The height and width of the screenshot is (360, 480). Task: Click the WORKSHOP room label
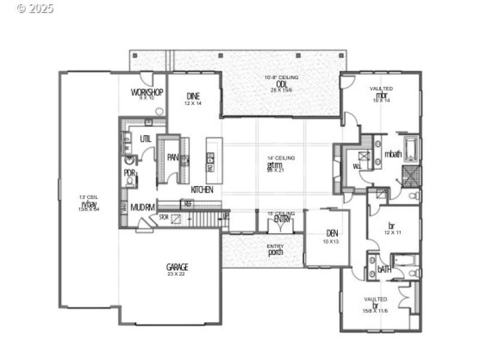pyautogui.click(x=147, y=92)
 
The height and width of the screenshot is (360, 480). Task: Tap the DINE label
pyautogui.click(x=193, y=96)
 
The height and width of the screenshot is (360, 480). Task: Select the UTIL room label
pyautogui.click(x=146, y=139)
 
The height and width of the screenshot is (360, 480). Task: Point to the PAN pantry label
pyautogui.click(x=173, y=158)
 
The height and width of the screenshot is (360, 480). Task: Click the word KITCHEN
pyautogui.click(x=202, y=190)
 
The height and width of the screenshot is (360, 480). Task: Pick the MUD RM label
pyautogui.click(x=143, y=208)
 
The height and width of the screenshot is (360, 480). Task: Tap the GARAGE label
pyautogui.click(x=178, y=266)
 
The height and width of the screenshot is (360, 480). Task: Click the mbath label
pyautogui.click(x=392, y=154)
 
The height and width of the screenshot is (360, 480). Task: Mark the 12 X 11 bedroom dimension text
pyautogui.click(x=392, y=232)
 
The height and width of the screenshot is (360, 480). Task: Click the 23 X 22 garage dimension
pyautogui.click(x=178, y=274)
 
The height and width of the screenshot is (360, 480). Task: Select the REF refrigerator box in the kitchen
pyautogui.click(x=188, y=205)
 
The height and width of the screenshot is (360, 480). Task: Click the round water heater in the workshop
pyautogui.click(x=158, y=111)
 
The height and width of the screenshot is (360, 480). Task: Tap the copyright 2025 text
pyautogui.click(x=35, y=8)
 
